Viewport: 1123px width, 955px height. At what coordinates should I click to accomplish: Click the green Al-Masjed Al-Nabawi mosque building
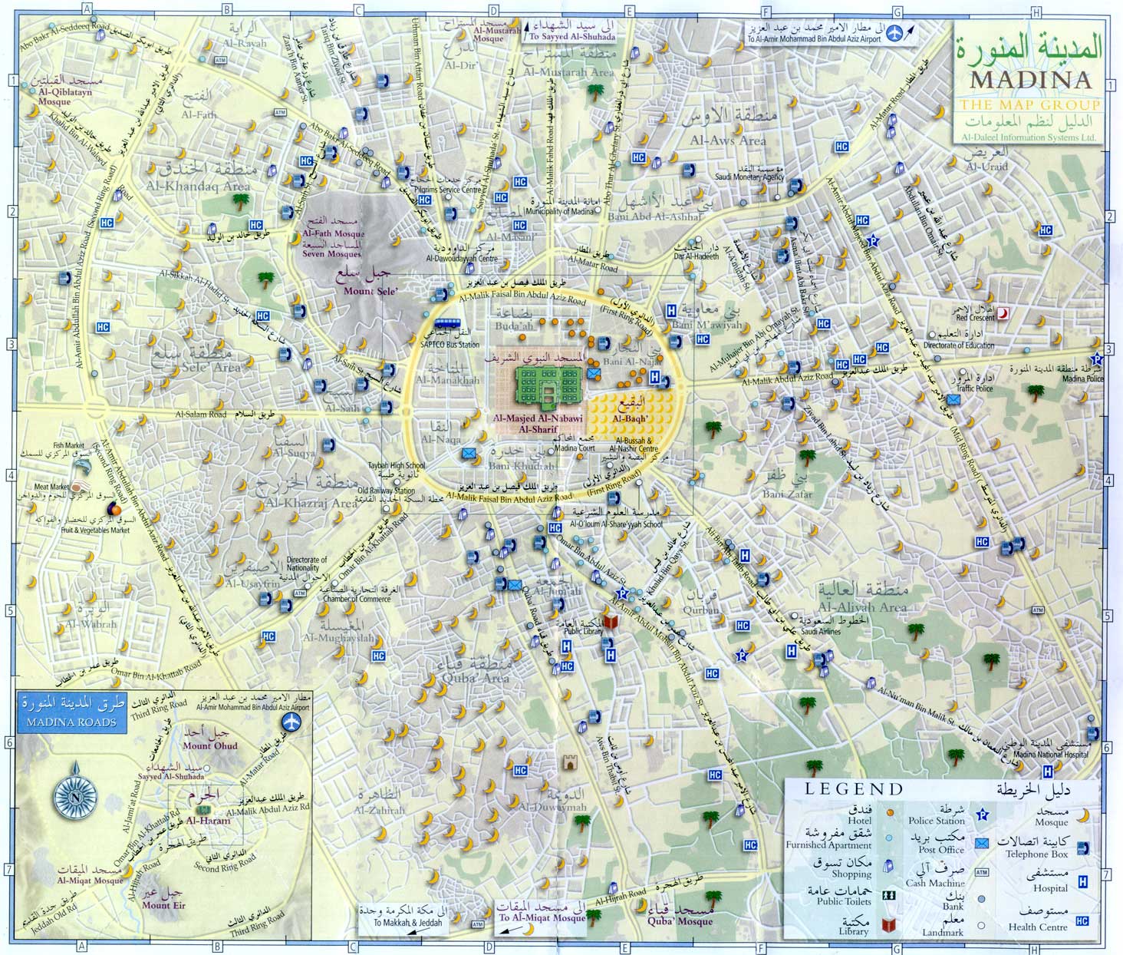548,386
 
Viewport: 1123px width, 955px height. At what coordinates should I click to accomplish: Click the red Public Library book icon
611,621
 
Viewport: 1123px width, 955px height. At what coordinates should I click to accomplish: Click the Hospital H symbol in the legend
1082,882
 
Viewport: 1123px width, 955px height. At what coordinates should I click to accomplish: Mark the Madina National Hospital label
1051,755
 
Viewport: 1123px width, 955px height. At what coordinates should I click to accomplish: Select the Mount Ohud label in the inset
210,745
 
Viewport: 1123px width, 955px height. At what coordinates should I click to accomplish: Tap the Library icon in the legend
890,925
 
